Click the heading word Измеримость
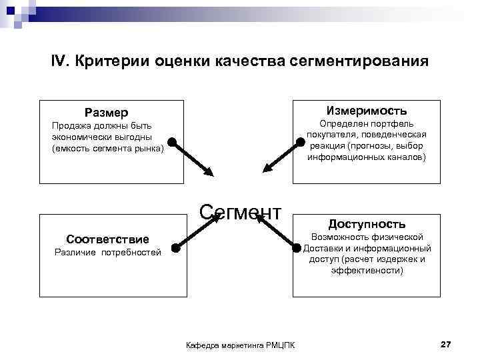(366, 111)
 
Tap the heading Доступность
(366, 224)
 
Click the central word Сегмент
(241, 212)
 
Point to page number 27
(446, 344)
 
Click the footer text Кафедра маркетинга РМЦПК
(241, 345)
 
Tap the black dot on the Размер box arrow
(172, 141)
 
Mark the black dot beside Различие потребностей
(175, 248)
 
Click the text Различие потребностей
(107, 253)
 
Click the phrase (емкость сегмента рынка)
(107, 148)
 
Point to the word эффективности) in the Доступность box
(366, 271)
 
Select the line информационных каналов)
(366, 158)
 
